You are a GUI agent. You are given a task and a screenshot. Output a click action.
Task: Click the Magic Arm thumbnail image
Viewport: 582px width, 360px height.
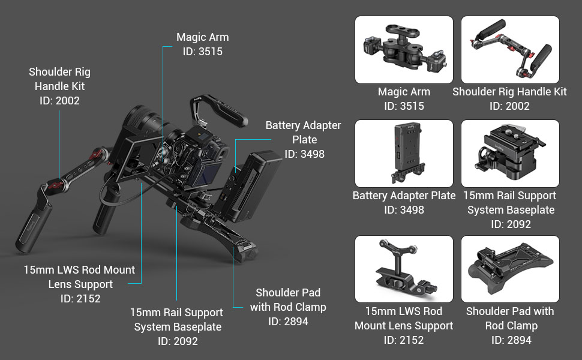(404, 50)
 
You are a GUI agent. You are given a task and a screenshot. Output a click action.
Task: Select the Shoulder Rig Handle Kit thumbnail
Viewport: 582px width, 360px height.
(510, 50)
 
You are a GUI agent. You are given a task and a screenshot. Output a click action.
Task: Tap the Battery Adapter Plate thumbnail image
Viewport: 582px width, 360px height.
(404, 154)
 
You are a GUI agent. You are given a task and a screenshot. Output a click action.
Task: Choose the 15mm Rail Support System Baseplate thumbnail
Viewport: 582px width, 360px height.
(510, 154)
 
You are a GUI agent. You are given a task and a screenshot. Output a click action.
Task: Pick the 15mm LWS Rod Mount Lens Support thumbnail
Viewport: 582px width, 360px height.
(404, 269)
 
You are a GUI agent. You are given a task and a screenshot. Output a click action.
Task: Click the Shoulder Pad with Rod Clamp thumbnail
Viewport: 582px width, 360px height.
(510, 269)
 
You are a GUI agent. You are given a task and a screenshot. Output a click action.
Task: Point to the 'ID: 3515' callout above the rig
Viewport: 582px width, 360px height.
(202, 52)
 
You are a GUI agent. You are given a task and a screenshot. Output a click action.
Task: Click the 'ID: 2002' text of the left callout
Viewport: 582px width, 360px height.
(59, 101)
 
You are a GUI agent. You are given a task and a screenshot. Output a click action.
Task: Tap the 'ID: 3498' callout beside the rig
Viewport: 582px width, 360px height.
(304, 154)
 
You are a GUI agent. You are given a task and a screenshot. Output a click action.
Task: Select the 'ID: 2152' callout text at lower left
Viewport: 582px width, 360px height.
(80, 299)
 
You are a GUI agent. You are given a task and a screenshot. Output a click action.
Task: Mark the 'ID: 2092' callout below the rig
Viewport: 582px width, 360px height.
(178, 341)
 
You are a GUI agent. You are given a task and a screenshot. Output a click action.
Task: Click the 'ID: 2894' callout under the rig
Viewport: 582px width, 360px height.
(288, 322)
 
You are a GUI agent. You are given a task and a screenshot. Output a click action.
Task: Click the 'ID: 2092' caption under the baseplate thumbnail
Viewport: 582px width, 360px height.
(510, 224)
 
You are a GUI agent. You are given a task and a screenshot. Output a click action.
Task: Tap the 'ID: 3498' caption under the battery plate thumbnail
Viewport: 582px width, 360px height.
(404, 210)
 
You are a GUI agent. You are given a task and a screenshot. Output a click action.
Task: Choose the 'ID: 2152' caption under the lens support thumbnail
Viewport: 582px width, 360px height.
(404, 340)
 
